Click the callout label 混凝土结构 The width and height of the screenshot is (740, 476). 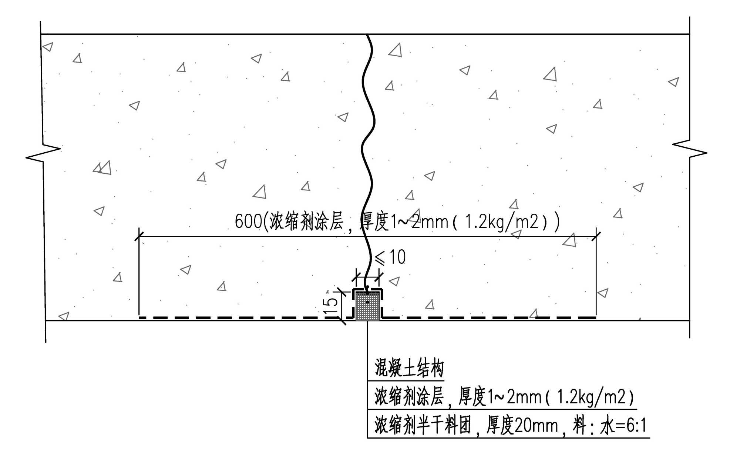409,368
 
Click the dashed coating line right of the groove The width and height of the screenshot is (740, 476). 488,317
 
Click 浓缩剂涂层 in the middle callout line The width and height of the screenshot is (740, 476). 409,396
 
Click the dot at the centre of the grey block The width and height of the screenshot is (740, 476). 367,302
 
